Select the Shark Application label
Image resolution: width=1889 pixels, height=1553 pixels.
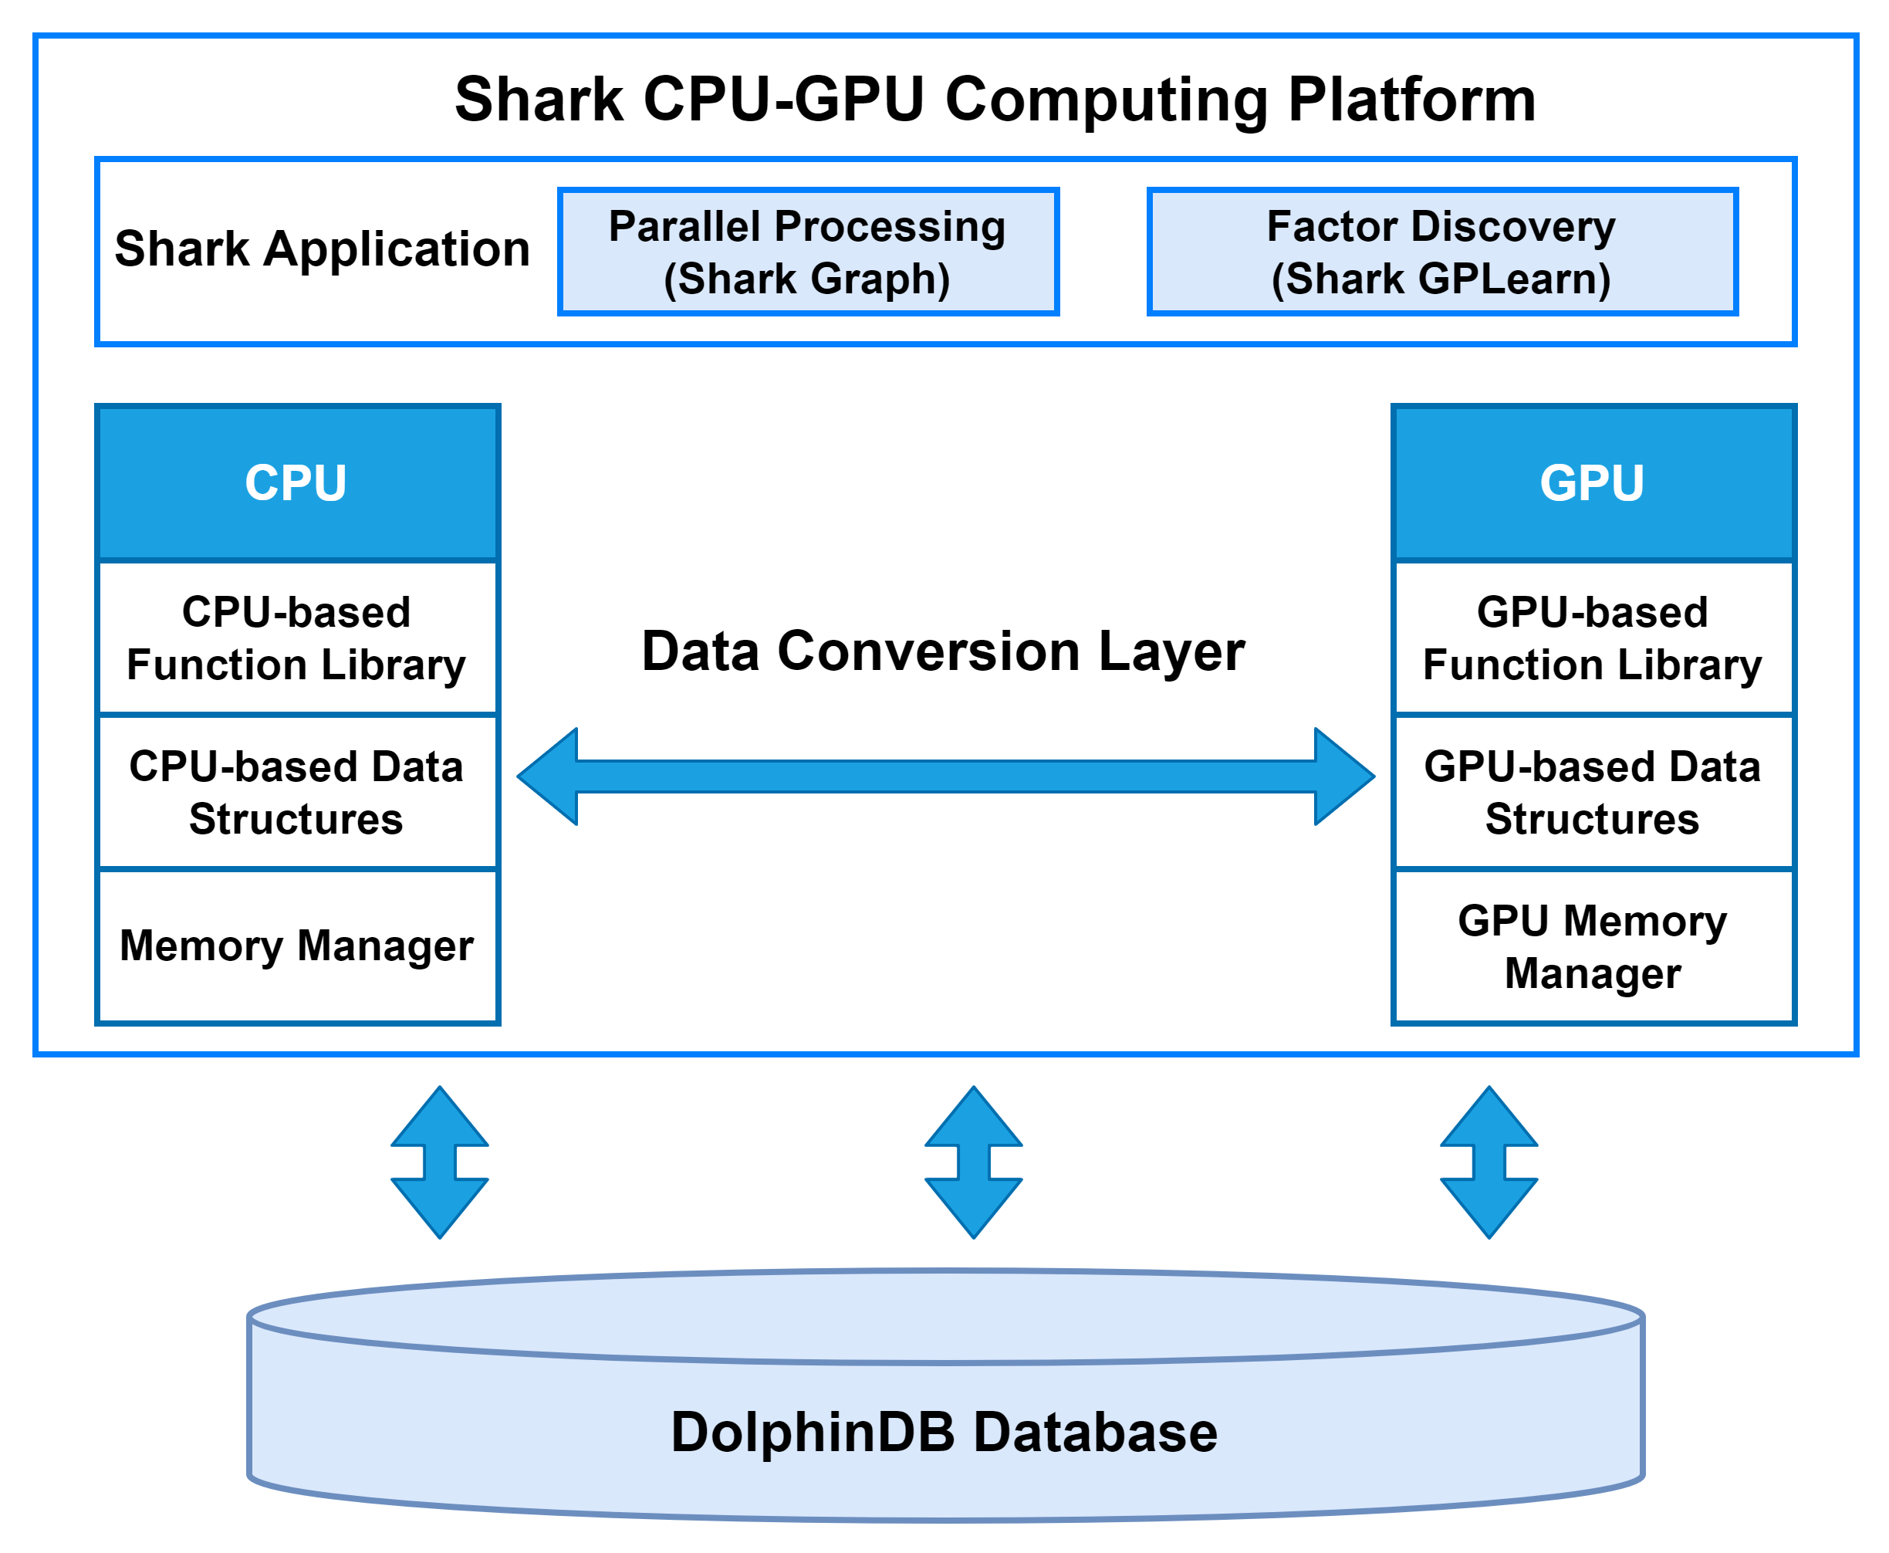point(322,249)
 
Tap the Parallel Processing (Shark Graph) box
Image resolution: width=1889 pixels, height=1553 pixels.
point(808,252)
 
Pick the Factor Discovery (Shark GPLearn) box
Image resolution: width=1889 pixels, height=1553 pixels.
point(1441,252)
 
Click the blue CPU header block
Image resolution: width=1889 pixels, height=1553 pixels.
point(297,483)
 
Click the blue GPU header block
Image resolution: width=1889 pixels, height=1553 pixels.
point(1592,483)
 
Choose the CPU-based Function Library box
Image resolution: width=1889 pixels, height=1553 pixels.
point(297,639)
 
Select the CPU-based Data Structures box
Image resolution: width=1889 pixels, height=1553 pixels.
point(297,793)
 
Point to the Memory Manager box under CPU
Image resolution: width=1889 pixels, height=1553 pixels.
point(297,946)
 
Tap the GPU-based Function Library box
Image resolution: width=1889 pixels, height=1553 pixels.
point(1592,639)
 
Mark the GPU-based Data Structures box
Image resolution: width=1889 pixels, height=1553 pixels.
point(1592,793)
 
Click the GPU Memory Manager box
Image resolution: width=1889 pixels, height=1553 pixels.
point(1592,946)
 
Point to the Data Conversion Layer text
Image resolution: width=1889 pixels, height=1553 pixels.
point(943,651)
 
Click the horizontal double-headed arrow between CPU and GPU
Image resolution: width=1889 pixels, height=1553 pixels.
point(945,776)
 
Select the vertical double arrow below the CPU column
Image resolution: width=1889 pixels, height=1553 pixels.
point(439,1162)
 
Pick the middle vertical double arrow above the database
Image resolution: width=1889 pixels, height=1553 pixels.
point(973,1162)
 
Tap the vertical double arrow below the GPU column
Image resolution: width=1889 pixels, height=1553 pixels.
point(1489,1162)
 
